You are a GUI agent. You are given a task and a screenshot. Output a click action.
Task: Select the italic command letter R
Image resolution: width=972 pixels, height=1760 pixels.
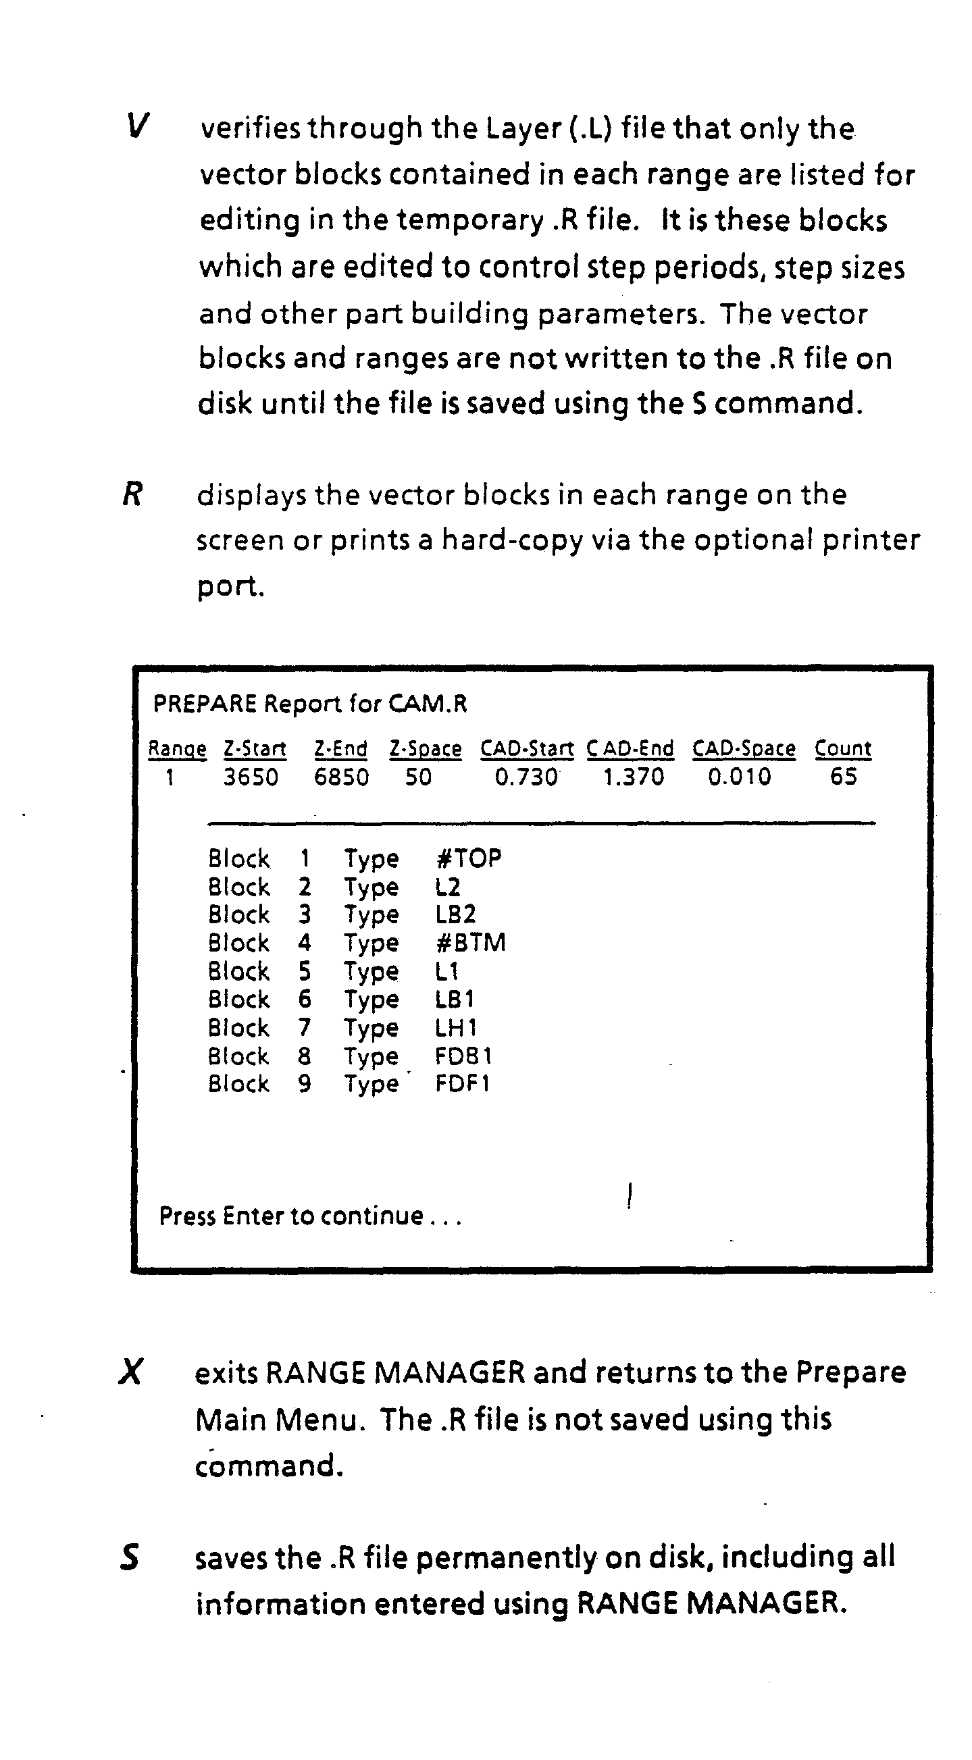(132, 494)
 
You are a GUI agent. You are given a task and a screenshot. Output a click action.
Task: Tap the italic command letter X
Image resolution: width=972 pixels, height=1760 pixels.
(130, 1371)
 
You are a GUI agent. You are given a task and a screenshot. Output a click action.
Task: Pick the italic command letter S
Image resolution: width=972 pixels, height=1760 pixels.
(130, 1557)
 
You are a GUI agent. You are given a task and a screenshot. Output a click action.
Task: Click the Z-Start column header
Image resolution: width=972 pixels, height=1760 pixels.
(254, 749)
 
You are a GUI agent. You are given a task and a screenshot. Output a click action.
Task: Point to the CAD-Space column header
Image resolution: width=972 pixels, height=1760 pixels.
(744, 749)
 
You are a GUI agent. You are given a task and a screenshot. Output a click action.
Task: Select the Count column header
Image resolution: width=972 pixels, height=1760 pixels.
(843, 749)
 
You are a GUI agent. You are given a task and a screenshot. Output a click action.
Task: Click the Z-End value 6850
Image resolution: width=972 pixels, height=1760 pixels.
(341, 777)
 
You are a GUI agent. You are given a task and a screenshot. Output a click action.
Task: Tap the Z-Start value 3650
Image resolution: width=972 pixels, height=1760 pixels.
(251, 777)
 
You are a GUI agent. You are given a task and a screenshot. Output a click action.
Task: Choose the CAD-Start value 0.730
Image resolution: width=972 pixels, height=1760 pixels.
(526, 777)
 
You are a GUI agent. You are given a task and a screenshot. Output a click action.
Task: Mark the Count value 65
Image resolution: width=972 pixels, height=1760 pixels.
(843, 777)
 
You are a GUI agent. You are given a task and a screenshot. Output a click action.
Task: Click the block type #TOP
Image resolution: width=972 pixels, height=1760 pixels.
(468, 858)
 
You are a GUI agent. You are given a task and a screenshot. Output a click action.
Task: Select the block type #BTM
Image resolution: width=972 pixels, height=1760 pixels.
(470, 943)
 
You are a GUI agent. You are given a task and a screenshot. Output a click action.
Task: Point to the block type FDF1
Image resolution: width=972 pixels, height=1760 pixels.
(463, 1084)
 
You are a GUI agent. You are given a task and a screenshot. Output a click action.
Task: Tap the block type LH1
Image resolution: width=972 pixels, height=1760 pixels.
(456, 1028)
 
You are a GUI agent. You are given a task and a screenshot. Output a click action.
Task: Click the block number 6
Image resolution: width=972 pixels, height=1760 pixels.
(305, 1000)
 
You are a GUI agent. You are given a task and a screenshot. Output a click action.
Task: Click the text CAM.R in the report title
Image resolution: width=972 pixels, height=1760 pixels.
(428, 704)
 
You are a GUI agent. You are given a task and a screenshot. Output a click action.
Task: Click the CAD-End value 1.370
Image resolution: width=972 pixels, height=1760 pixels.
(634, 777)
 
